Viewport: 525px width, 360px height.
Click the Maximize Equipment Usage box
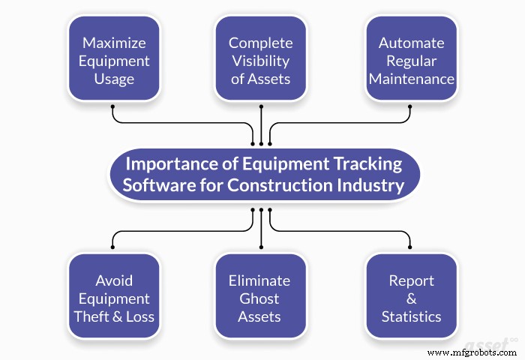[114, 60]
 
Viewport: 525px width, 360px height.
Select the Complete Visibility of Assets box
[261, 60]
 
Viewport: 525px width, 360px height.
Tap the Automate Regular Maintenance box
[410, 60]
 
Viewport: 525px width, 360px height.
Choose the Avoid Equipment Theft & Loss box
[114, 298]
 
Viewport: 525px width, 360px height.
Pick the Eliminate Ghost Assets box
[261, 298]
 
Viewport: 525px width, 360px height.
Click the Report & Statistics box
[410, 298]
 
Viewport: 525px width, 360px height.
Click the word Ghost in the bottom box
[261, 298]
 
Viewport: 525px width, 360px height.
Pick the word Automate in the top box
[411, 42]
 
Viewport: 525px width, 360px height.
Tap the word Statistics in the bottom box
[411, 316]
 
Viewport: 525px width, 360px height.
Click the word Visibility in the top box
[261, 60]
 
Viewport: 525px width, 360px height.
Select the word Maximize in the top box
[114, 42]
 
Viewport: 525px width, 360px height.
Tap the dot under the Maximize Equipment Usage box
[113, 107]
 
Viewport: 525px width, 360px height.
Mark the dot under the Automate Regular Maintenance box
[410, 107]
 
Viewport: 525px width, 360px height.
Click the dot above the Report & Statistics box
[410, 247]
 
